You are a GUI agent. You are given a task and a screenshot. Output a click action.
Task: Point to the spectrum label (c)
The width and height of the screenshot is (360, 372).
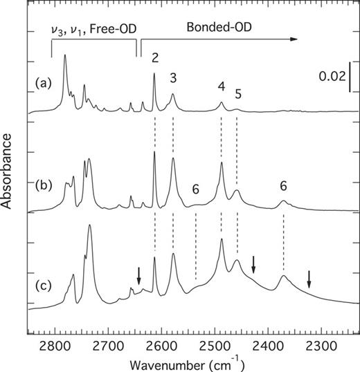click(43, 283)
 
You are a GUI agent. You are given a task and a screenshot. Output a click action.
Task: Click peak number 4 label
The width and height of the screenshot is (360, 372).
click(222, 87)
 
